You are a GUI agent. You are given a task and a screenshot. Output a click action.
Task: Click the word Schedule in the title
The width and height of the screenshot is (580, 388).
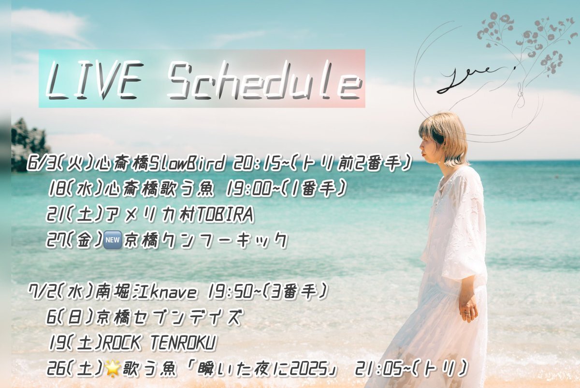pos(264,81)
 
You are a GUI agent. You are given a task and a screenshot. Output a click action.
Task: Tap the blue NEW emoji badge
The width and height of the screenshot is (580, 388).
pos(112,239)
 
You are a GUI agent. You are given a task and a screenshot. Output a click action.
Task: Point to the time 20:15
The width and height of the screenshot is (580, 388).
pos(257,164)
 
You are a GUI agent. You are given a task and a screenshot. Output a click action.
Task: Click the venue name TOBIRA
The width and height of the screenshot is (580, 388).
pos(225,215)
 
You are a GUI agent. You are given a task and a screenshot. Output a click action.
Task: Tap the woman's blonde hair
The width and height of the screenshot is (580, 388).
pos(443,135)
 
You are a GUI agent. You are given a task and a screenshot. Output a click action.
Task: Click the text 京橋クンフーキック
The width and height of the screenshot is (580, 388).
pos(205,240)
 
